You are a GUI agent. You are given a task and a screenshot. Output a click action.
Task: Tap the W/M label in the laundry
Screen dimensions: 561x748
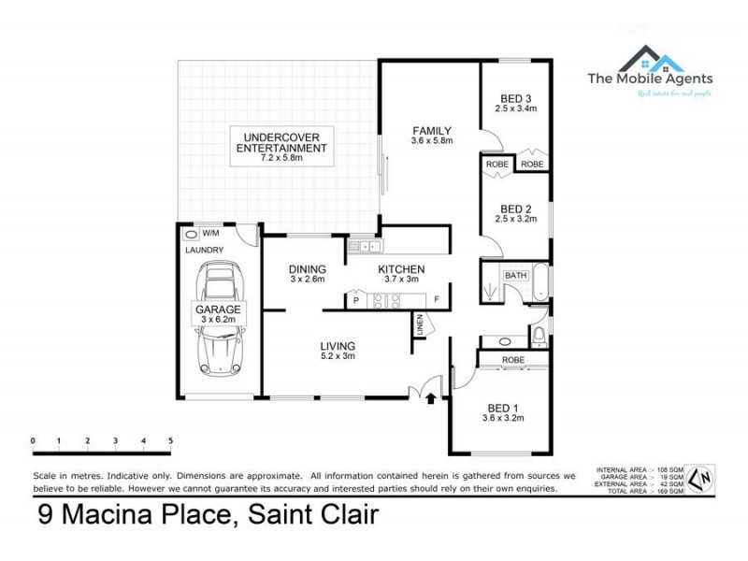pyautogui.click(x=210, y=233)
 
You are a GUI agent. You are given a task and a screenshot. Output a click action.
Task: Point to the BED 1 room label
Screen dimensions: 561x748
pyautogui.click(x=502, y=408)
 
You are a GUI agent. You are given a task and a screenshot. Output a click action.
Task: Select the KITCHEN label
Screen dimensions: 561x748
pyautogui.click(x=401, y=269)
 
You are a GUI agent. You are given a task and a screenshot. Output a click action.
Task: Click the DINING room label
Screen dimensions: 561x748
pyautogui.click(x=307, y=269)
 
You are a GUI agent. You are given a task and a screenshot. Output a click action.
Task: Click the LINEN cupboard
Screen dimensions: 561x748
pyautogui.click(x=421, y=325)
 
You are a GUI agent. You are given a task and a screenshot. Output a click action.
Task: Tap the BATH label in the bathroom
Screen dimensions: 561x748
pyautogui.click(x=516, y=276)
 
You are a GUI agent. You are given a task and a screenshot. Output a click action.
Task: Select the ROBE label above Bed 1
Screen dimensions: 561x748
pyautogui.click(x=511, y=359)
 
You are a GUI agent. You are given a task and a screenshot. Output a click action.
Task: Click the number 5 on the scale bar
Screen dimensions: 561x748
pyautogui.click(x=170, y=439)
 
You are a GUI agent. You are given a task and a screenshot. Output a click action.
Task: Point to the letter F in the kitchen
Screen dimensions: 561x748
pyautogui.click(x=436, y=299)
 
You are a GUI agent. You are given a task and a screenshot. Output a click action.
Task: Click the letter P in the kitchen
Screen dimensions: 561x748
pyautogui.click(x=356, y=300)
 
